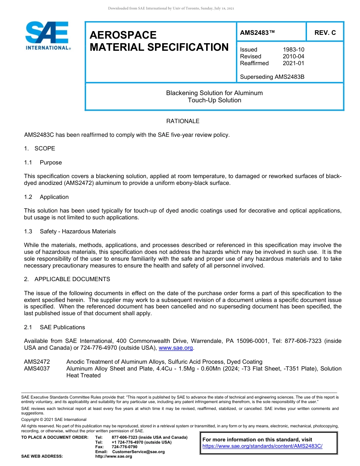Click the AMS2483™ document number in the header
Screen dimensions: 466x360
(x=257, y=33)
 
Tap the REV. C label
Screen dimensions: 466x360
(x=325, y=33)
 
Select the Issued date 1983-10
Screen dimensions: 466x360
(x=293, y=50)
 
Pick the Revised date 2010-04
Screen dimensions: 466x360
(x=293, y=56)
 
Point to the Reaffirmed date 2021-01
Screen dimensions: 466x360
(x=293, y=63)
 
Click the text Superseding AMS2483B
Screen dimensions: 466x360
(x=272, y=77)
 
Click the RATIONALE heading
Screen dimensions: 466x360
(x=183, y=121)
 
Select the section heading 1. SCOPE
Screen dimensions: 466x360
(x=39, y=149)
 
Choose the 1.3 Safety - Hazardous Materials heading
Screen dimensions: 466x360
(x=70, y=231)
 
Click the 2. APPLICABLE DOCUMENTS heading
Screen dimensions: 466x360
(x=67, y=279)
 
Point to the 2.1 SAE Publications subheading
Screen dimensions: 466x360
(x=54, y=327)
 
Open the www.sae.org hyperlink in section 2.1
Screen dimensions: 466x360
(x=175, y=348)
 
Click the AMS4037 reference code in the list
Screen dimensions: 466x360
(x=37, y=369)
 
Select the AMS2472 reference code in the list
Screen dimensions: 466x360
(x=37, y=362)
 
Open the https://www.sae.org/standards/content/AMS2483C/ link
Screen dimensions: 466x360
(x=262, y=446)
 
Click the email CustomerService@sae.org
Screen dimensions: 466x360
(x=138, y=452)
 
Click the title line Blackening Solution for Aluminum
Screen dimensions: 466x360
(x=214, y=93)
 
